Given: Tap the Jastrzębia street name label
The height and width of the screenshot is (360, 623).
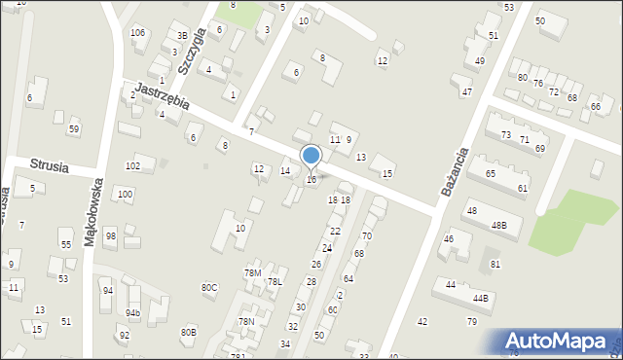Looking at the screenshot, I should (x=161, y=95).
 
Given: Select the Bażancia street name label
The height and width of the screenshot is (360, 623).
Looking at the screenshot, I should (x=455, y=171).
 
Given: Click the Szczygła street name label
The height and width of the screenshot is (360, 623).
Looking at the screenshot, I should (x=192, y=52).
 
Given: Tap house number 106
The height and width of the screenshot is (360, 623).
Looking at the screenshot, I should (x=138, y=33).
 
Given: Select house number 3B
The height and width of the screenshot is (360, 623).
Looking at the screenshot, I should (x=181, y=37).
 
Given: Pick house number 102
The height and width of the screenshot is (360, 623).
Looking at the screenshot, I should (x=132, y=166).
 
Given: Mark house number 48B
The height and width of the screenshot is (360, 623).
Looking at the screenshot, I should (x=498, y=225).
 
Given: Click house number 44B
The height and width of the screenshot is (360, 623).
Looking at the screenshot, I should (x=480, y=298).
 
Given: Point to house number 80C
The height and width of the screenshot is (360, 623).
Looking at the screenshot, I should (x=209, y=287).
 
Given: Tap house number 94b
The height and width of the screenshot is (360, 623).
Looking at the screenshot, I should (x=132, y=312).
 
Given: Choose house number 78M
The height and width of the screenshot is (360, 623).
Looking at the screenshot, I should (x=252, y=272).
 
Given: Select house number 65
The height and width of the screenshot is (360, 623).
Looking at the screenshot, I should (x=491, y=173).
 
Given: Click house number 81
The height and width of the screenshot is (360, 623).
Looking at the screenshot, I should (x=495, y=264).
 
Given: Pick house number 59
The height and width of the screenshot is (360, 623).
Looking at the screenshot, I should (x=74, y=129).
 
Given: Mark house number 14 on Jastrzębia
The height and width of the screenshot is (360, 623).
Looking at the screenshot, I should (x=285, y=171).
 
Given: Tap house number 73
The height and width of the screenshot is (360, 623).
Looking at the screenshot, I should (x=505, y=134).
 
